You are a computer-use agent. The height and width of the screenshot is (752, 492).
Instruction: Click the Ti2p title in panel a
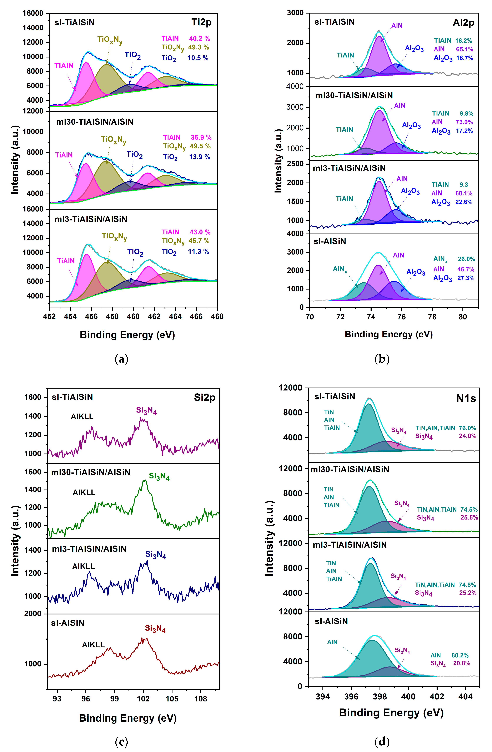click(x=201, y=22)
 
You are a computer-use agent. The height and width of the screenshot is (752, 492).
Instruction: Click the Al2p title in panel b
click(x=463, y=23)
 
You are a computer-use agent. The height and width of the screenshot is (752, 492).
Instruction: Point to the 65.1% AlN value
click(x=465, y=49)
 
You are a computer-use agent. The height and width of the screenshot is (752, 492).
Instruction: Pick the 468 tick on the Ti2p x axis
click(x=217, y=316)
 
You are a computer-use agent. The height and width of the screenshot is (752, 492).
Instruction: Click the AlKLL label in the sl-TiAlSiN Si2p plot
click(x=82, y=416)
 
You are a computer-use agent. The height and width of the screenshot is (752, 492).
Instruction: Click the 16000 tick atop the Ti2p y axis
click(x=33, y=13)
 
